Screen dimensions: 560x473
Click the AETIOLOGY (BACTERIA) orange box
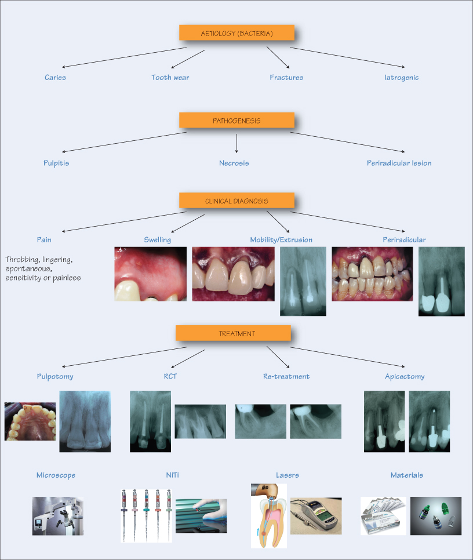(x=237, y=34)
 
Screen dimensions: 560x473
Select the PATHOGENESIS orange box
(x=237, y=121)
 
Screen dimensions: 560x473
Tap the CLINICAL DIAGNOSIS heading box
(x=237, y=201)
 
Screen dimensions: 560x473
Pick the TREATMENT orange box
(x=233, y=333)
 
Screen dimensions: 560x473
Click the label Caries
(x=55, y=77)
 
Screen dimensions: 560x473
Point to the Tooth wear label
(x=170, y=77)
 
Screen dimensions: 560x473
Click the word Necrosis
(x=234, y=163)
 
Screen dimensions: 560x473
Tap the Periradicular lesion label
(x=399, y=163)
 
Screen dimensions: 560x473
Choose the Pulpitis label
(x=57, y=163)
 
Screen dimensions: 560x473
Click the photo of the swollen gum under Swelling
(x=151, y=274)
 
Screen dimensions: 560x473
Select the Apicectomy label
(x=405, y=376)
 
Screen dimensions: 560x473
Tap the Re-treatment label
(x=286, y=376)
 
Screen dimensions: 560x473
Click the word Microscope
(x=56, y=475)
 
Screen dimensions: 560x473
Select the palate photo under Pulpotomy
(x=30, y=421)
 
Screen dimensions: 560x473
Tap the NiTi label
(x=173, y=475)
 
